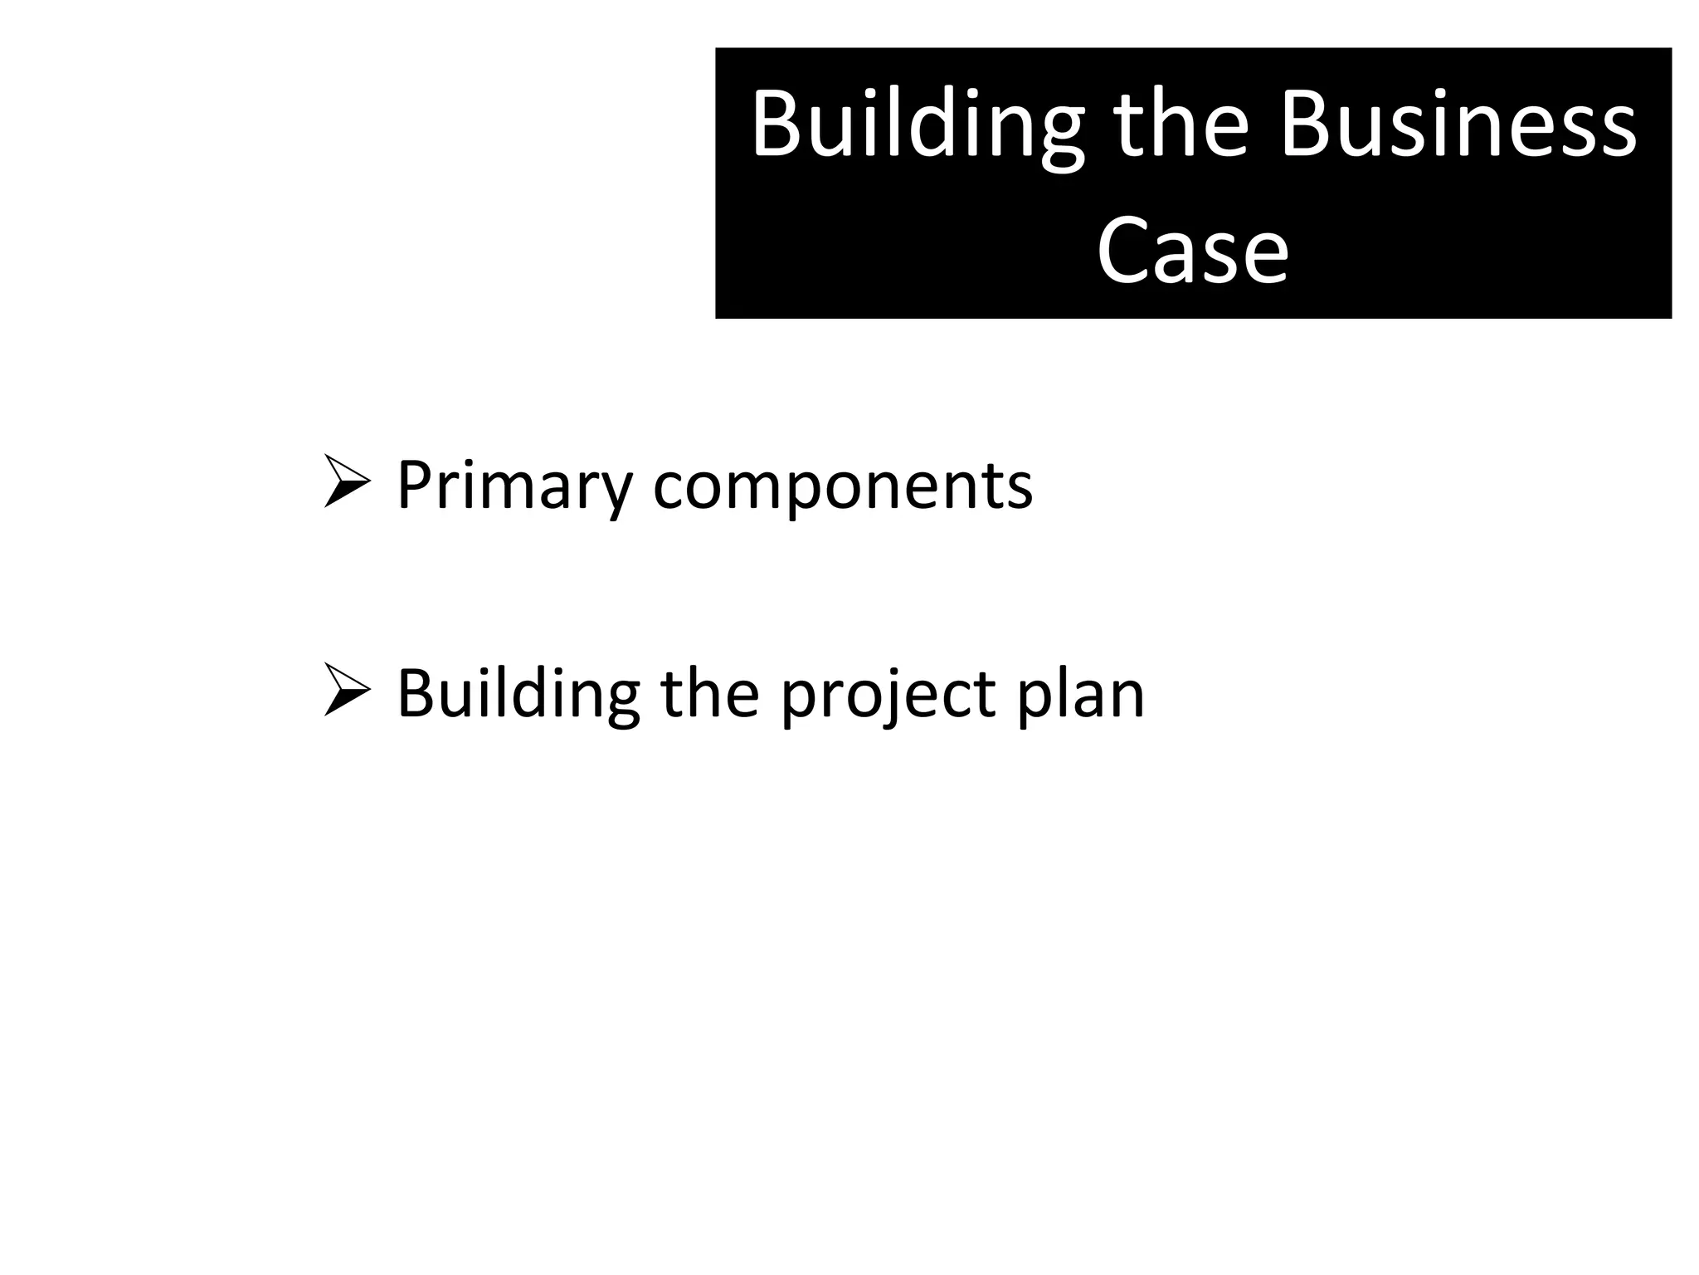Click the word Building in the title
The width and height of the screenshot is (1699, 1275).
pos(918,126)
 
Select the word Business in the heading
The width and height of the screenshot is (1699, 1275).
pos(1458,126)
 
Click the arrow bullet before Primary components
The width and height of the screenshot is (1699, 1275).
pos(347,481)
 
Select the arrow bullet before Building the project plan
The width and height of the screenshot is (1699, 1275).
pos(347,691)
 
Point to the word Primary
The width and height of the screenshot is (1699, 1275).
pos(515,486)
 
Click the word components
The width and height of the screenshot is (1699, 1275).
pos(843,486)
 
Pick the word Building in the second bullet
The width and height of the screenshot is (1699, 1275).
pos(518,693)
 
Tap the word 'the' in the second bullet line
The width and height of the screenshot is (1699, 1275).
pos(709,693)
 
